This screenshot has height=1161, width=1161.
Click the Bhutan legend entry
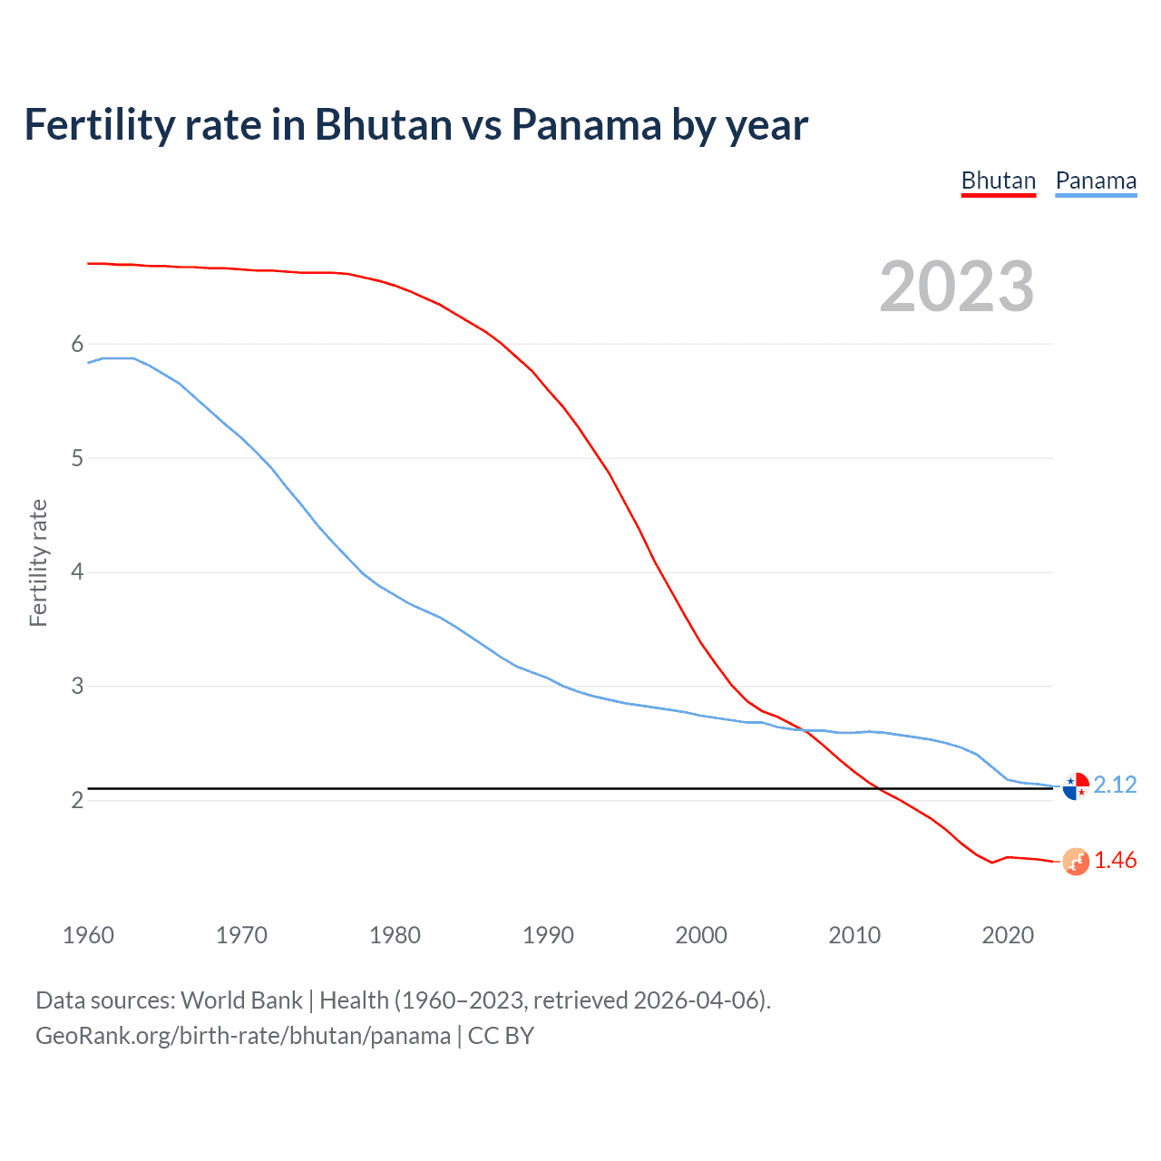(x=998, y=180)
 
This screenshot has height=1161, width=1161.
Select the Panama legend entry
(x=1096, y=180)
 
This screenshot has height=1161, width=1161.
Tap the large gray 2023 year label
(x=957, y=287)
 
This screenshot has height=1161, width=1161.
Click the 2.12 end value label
(x=1115, y=785)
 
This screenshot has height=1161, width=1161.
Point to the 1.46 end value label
(x=1115, y=860)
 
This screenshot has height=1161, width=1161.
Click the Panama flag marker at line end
(x=1076, y=786)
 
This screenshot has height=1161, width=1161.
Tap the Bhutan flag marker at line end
(x=1076, y=862)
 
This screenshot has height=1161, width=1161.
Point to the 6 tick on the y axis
(x=77, y=344)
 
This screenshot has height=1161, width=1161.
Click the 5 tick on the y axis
(x=77, y=458)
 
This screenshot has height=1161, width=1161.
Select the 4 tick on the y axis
(x=77, y=571)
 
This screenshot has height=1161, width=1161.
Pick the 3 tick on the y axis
(x=77, y=686)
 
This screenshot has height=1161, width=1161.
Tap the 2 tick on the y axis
(x=77, y=800)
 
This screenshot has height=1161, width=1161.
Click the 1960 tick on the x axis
(x=88, y=935)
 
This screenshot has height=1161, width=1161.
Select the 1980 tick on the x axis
(x=395, y=935)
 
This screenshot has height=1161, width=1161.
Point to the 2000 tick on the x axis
(x=701, y=935)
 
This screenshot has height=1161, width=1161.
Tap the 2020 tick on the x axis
(x=1008, y=935)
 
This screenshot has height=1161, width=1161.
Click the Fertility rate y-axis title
(x=38, y=562)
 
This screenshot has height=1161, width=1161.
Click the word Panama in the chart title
(x=586, y=125)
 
